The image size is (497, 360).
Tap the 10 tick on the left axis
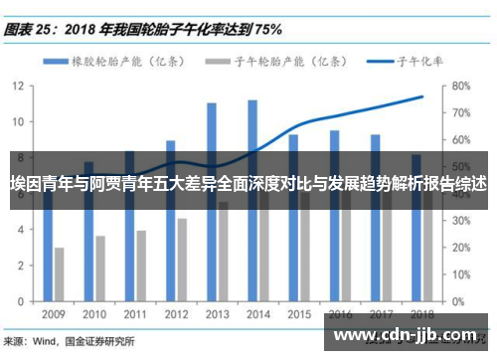pyautogui.click(x=19, y=121)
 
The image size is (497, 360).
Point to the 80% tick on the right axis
pyautogui.click(x=460, y=86)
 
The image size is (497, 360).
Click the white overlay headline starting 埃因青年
pyautogui.click(x=248, y=183)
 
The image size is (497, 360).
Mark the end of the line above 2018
pyautogui.click(x=422, y=96)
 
